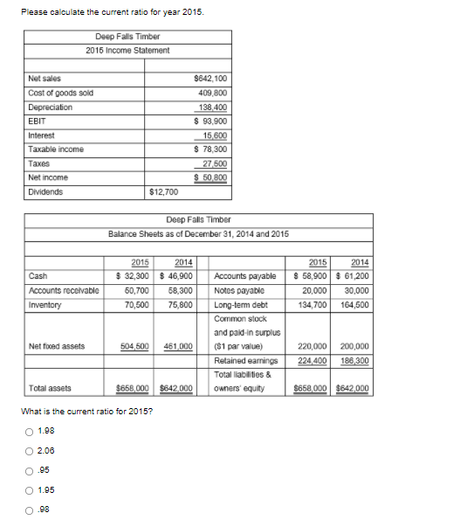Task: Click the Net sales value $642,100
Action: point(213,78)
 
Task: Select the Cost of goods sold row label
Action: point(61,93)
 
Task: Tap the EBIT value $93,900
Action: point(210,121)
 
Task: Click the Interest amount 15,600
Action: point(216,135)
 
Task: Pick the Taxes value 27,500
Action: point(216,163)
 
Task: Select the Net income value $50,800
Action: point(210,177)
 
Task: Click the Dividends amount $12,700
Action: point(164,191)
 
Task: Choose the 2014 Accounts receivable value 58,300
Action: point(180,290)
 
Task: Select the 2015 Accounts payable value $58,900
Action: point(310,275)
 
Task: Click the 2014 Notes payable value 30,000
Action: point(356,290)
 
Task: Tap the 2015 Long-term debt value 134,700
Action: point(313,305)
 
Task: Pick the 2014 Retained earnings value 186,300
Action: point(354,360)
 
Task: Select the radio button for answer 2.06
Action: point(29,451)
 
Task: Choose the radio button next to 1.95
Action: point(29,489)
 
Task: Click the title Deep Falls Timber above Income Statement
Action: point(127,37)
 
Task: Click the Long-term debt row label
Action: point(241,305)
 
